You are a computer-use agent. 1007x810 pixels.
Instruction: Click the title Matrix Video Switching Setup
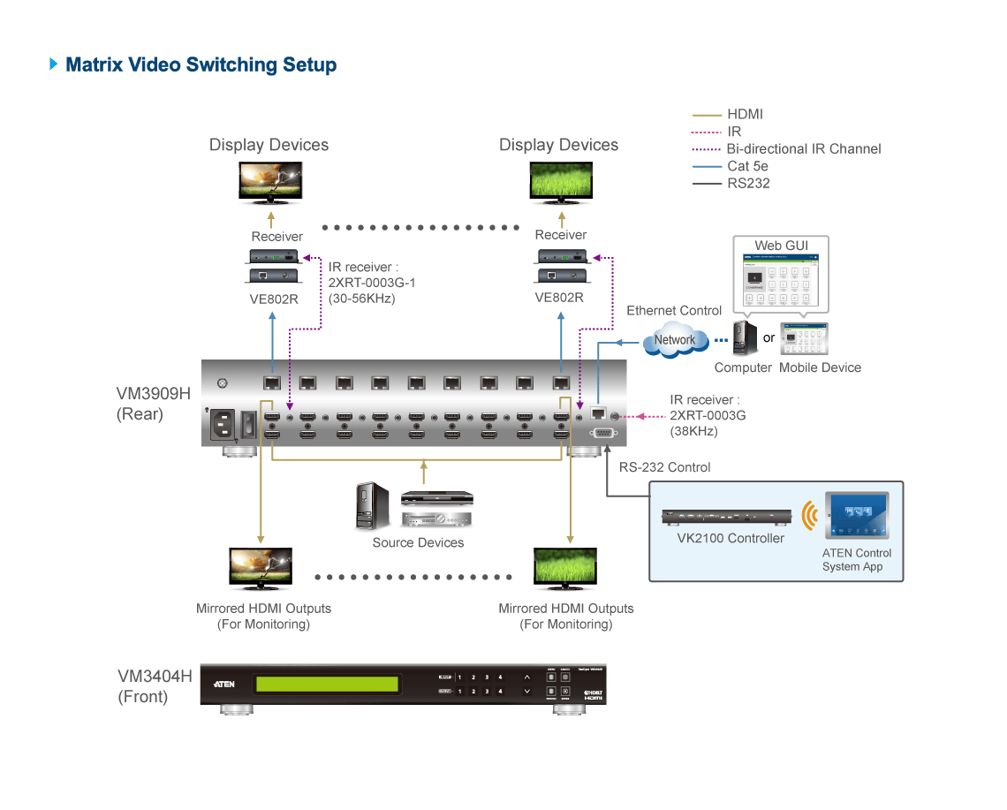[x=201, y=64]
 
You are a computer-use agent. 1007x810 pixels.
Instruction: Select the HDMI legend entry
[x=744, y=114]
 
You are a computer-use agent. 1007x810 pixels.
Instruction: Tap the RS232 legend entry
[x=747, y=184]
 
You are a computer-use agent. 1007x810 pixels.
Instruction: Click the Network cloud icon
[x=675, y=340]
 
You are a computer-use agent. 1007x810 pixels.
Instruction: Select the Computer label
[x=743, y=367]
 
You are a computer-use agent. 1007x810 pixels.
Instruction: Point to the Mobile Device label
[x=820, y=367]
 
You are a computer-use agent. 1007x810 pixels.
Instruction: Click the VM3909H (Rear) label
[x=153, y=403]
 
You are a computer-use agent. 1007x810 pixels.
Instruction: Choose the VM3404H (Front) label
[x=155, y=686]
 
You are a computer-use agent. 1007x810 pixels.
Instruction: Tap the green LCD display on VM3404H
[x=326, y=685]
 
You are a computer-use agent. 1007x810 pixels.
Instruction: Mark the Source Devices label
[x=418, y=542]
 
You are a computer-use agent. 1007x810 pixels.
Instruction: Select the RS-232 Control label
[x=664, y=467]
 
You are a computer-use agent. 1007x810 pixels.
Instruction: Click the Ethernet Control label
[x=674, y=311]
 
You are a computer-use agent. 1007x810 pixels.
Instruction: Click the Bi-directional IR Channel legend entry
[x=803, y=148]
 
